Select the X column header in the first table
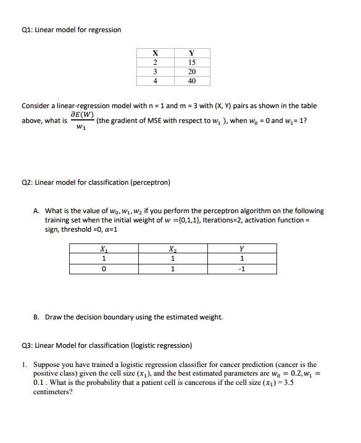click(154, 53)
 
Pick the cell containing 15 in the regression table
click(191, 62)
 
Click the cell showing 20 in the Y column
click(191, 71)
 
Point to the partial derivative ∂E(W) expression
click(82, 114)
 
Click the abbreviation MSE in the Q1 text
click(162, 121)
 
